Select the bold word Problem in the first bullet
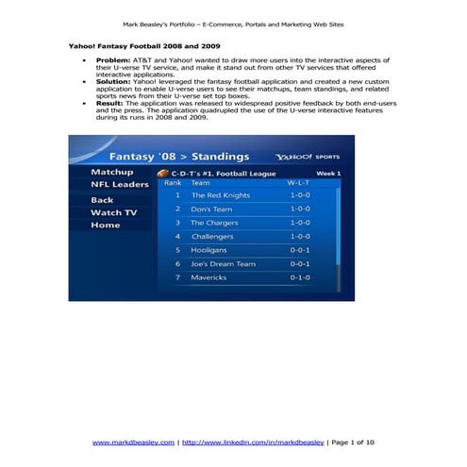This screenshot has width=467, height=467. pos(111,59)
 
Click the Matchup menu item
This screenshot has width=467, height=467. pos(111,173)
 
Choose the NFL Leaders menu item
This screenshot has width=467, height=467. pos(119,185)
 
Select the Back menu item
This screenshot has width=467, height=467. pos(102,200)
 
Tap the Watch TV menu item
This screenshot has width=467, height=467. pos(113,213)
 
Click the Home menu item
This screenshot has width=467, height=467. pos(105,225)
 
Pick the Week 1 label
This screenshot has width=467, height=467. pos(328,174)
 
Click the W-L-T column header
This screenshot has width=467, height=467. pos(298,182)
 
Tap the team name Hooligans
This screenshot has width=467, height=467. pos(209,250)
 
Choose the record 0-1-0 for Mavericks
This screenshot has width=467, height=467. pos(299,277)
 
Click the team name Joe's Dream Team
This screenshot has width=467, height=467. pos(223,264)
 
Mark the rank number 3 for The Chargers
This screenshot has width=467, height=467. pos(177,223)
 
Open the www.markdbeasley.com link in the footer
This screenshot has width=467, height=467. pos(133,442)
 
